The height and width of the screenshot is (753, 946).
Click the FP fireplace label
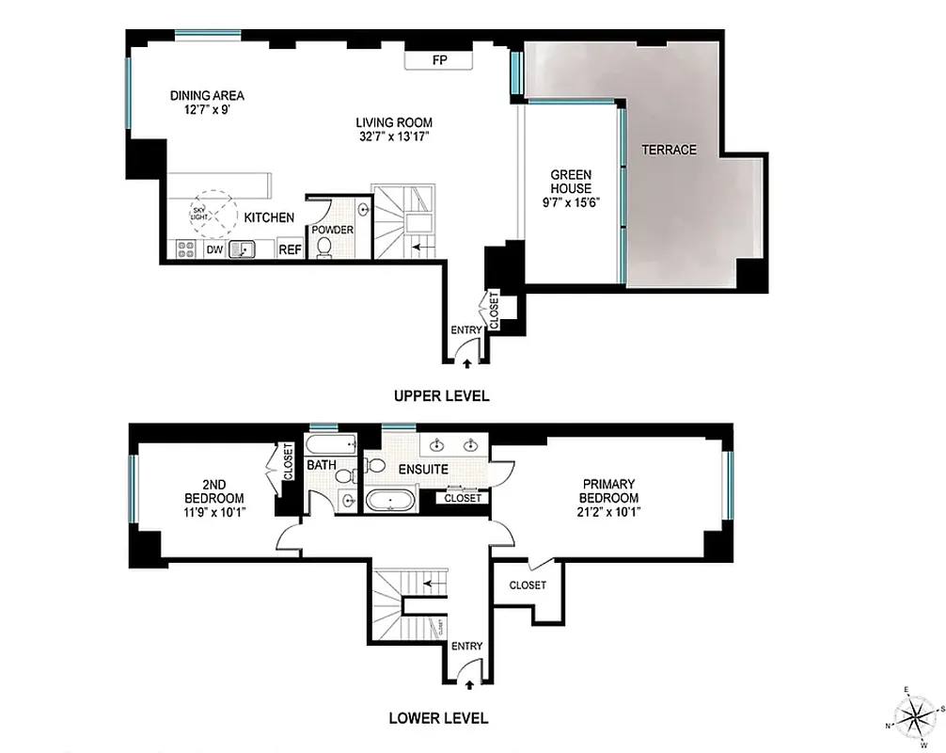tap(438, 60)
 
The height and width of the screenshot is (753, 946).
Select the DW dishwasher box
tap(213, 249)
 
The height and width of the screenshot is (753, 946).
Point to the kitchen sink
tap(244, 249)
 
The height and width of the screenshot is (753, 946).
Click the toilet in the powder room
tap(325, 246)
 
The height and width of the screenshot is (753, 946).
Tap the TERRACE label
tap(669, 150)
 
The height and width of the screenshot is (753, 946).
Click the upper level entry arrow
tap(467, 362)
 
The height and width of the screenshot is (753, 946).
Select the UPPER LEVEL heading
tap(441, 395)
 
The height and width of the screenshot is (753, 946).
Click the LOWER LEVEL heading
tap(438, 718)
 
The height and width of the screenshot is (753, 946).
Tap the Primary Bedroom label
tap(608, 491)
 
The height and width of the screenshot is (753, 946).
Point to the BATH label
tap(321, 465)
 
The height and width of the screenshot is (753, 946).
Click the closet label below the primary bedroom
tap(528, 585)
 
